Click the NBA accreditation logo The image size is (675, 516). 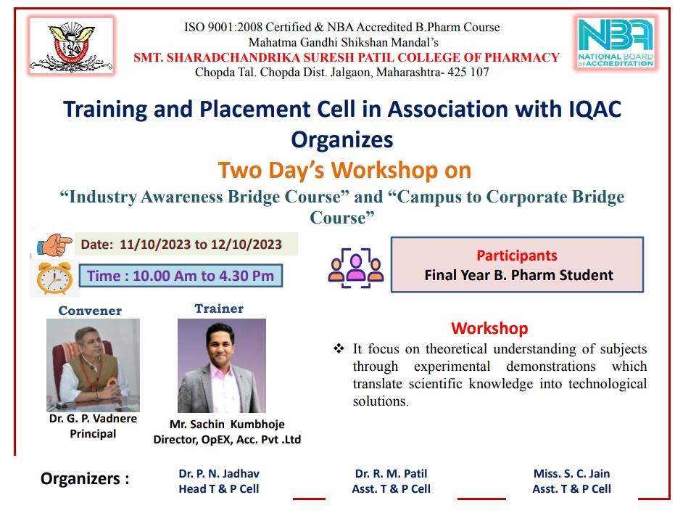(616, 42)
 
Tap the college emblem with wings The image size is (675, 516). (72, 46)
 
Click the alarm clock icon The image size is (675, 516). (54, 278)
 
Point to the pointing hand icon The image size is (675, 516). (54, 245)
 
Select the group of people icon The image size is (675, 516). (355, 268)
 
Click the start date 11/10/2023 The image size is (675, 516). (155, 245)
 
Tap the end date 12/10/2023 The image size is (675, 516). (247, 245)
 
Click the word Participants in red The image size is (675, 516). (516, 255)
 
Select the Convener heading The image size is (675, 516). (90, 311)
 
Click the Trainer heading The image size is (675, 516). (219, 308)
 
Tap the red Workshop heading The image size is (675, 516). (489, 328)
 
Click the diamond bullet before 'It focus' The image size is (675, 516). (339, 348)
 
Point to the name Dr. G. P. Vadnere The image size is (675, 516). (93, 419)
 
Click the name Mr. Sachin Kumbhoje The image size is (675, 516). (227, 424)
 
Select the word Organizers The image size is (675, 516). (80, 478)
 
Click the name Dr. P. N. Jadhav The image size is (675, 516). (219, 473)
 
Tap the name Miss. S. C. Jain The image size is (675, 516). (571, 473)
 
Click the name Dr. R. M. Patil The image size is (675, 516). (391, 473)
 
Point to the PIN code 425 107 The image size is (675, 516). (468, 72)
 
